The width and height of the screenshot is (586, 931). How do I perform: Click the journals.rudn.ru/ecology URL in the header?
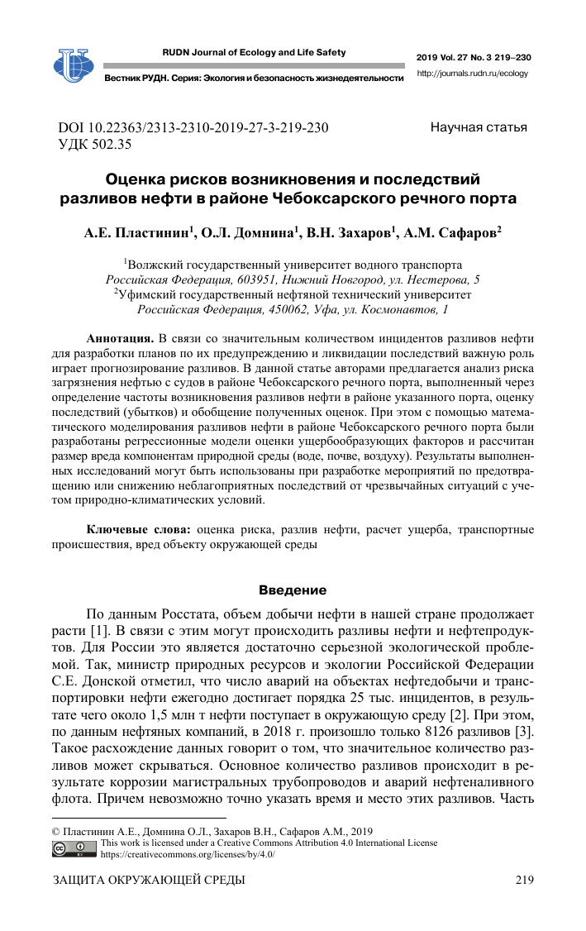(473, 73)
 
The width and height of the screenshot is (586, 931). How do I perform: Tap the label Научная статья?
(479, 127)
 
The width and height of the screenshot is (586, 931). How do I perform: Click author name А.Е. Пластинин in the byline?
(138, 235)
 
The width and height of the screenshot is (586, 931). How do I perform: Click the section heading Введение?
(293, 590)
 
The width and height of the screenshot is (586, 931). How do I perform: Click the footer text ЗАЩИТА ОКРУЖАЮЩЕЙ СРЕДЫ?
(149, 881)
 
